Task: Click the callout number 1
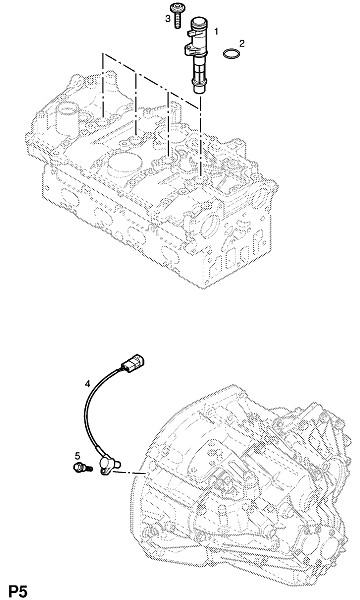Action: click(216, 31)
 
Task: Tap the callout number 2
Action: click(241, 43)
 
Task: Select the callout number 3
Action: click(168, 18)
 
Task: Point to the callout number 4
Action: click(87, 383)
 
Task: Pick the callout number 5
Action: click(78, 455)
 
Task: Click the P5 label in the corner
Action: click(18, 591)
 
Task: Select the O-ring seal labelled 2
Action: click(231, 53)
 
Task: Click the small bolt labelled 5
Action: click(82, 467)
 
